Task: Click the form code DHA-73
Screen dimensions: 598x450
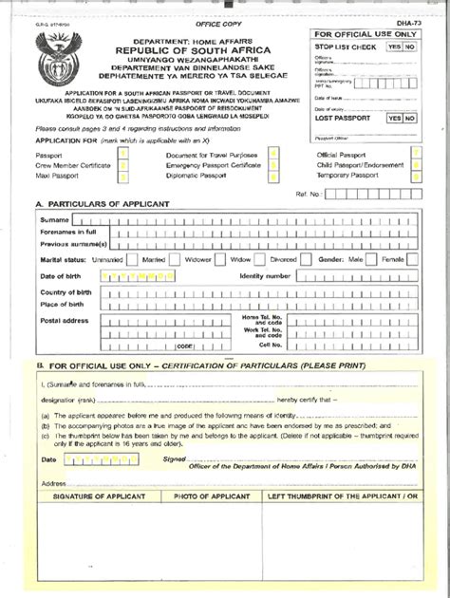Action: pyautogui.click(x=402, y=21)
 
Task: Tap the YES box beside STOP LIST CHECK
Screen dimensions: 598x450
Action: pyautogui.click(x=394, y=46)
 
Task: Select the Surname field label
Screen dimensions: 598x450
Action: pyautogui.click(x=54, y=220)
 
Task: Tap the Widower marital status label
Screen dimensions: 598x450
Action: pyautogui.click(x=198, y=258)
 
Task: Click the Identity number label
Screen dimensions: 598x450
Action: pyautogui.click(x=265, y=275)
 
